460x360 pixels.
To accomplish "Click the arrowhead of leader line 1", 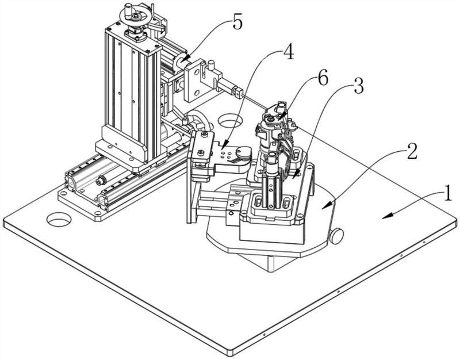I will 384,217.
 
